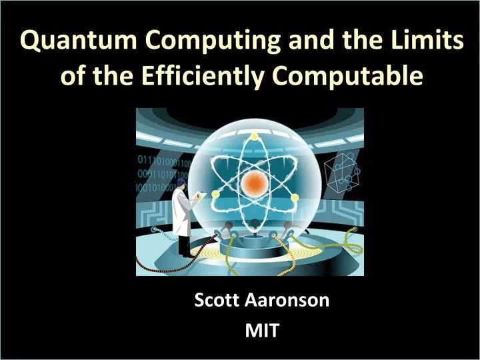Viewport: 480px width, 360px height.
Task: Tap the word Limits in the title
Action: [427, 41]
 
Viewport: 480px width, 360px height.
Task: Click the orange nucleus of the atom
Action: [254, 181]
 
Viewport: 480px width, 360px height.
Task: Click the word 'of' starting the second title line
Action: [71, 76]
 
